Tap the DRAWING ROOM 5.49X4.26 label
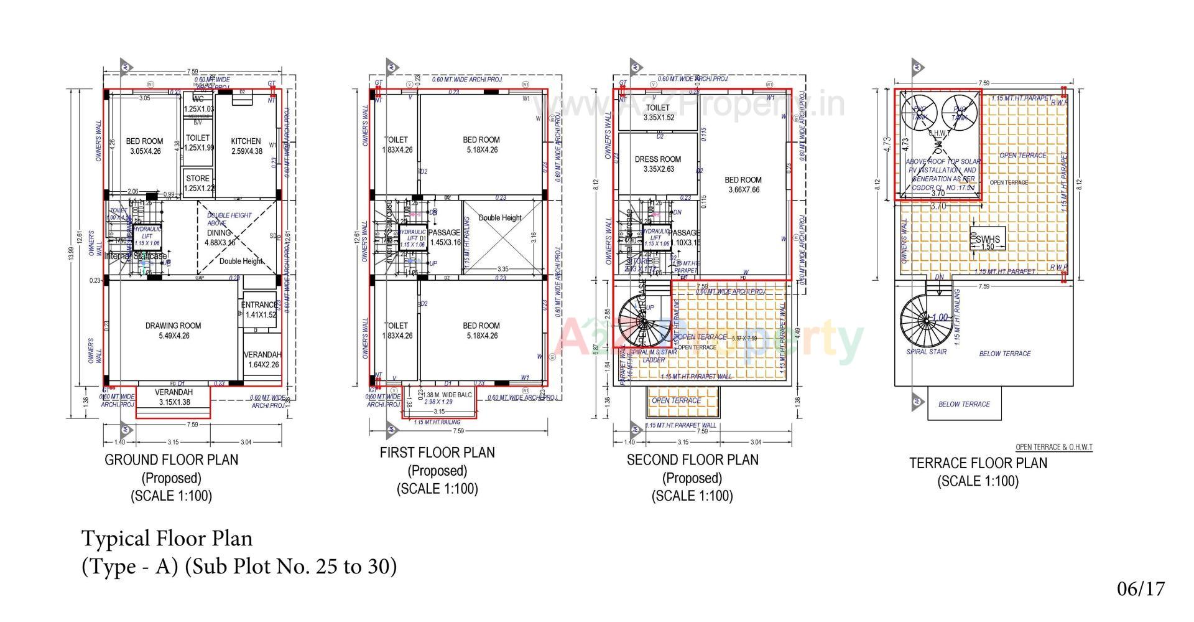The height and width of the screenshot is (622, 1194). pos(173,331)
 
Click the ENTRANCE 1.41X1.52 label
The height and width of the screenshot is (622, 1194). pos(260,309)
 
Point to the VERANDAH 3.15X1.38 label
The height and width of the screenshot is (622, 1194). pos(174,397)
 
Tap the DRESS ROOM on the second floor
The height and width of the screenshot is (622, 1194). pos(658,164)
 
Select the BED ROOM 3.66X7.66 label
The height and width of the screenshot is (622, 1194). pos(743,185)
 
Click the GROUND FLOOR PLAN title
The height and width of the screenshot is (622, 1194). pos(171,460)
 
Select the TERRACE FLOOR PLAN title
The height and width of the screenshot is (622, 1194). pos(978,463)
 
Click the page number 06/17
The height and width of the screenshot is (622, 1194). pos(1140,588)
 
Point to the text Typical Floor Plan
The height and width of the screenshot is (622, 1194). pos(167,539)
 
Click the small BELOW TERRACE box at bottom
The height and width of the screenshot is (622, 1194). pos(964,404)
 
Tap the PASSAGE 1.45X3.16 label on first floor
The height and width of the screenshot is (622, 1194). pos(444,237)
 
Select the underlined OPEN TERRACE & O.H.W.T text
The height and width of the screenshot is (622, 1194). pos(1053,447)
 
